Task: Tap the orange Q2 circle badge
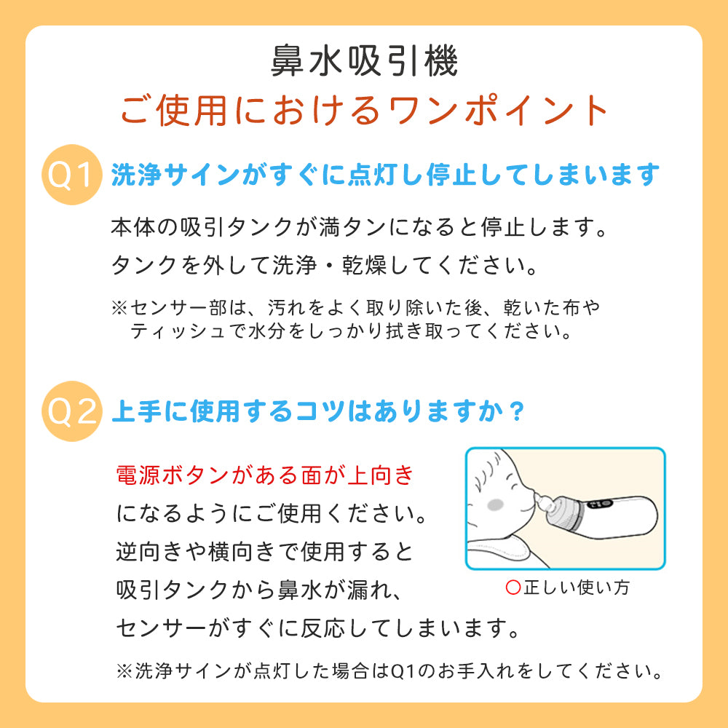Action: [71, 411]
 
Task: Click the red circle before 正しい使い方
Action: [513, 587]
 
